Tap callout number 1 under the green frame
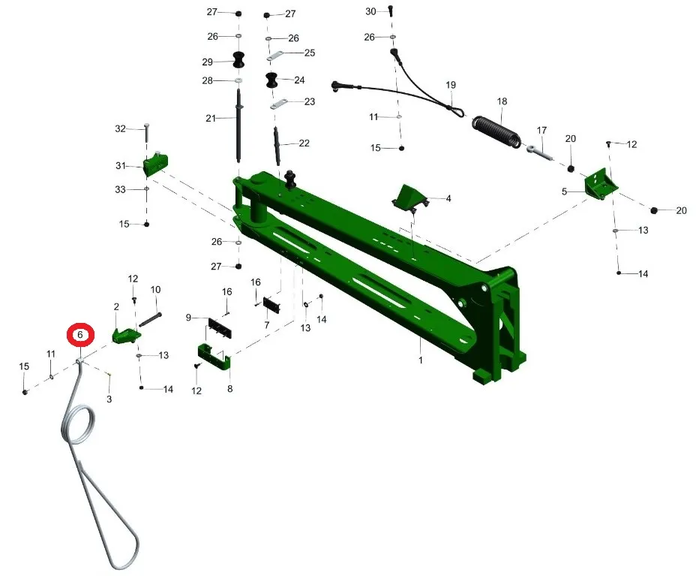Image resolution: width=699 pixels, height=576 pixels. coord(421,360)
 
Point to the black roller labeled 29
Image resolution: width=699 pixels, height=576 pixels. coord(238,61)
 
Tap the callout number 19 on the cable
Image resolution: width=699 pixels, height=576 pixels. coord(451,85)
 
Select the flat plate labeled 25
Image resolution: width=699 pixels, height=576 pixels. coord(276,54)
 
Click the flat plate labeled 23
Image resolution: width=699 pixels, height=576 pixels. coord(280,103)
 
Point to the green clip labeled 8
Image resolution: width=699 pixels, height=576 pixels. coord(214,356)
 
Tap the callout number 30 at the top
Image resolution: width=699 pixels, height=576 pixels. coord(370,11)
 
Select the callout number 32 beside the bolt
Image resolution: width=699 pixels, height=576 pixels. coord(120,128)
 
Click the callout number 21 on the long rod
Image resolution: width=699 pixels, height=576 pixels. coord(211,118)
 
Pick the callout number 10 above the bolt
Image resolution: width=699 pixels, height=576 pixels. coord(156,289)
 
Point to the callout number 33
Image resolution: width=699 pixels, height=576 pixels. coord(120,189)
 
